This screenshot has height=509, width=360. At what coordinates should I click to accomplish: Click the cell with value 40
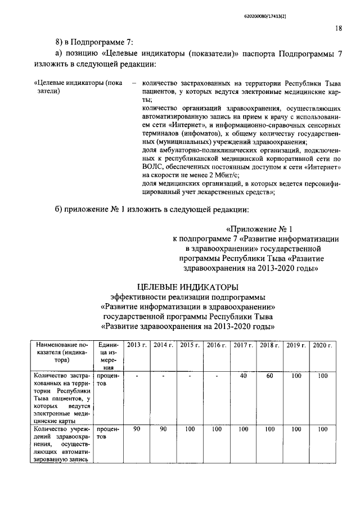[243, 376]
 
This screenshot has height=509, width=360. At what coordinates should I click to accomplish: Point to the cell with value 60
[269, 376]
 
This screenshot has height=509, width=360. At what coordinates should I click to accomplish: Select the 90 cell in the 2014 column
[163, 429]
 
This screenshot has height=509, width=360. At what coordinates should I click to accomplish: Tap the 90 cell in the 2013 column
[136, 429]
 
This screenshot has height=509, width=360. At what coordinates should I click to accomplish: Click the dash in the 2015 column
[190, 376]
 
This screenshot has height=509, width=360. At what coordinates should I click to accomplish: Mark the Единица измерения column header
[107, 355]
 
